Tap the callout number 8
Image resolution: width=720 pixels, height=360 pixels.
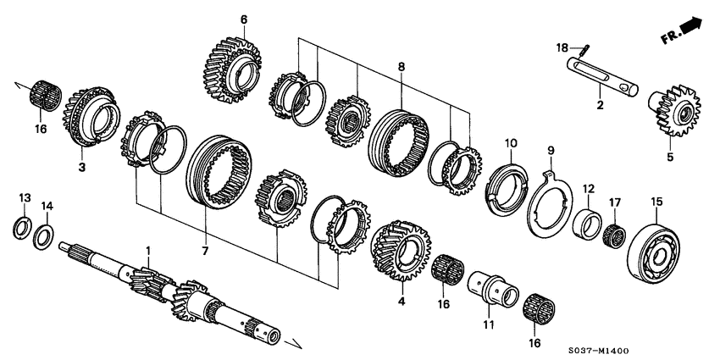[402, 65]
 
